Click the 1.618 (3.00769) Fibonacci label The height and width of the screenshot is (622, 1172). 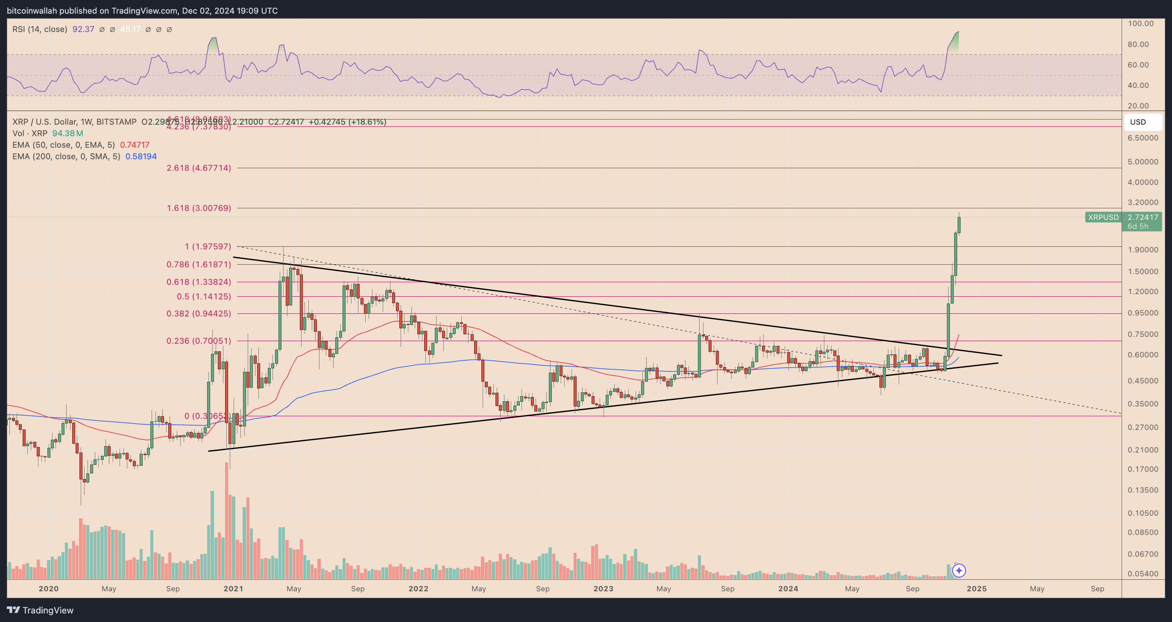(199, 208)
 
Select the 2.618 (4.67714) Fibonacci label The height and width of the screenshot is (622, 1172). (199, 168)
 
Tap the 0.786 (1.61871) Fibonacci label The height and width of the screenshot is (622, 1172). (199, 264)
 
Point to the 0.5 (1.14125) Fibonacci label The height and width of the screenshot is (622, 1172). (204, 296)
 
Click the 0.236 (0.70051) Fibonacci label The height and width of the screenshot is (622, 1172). (199, 341)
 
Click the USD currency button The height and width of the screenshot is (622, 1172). (1138, 122)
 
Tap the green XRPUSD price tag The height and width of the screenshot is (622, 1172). (1103, 217)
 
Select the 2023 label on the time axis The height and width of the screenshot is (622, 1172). (603, 588)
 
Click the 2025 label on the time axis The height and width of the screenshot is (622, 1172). (976, 588)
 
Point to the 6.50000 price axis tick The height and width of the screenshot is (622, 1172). (1143, 138)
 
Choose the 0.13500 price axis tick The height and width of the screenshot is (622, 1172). (1143, 490)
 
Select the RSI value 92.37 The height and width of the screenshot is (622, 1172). (83, 29)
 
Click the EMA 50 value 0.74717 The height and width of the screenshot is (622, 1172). (135, 145)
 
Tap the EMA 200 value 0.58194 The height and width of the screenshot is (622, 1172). (141, 156)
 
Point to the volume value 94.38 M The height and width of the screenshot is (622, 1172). (67, 133)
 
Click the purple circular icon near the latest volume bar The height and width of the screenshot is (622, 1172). (958, 570)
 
